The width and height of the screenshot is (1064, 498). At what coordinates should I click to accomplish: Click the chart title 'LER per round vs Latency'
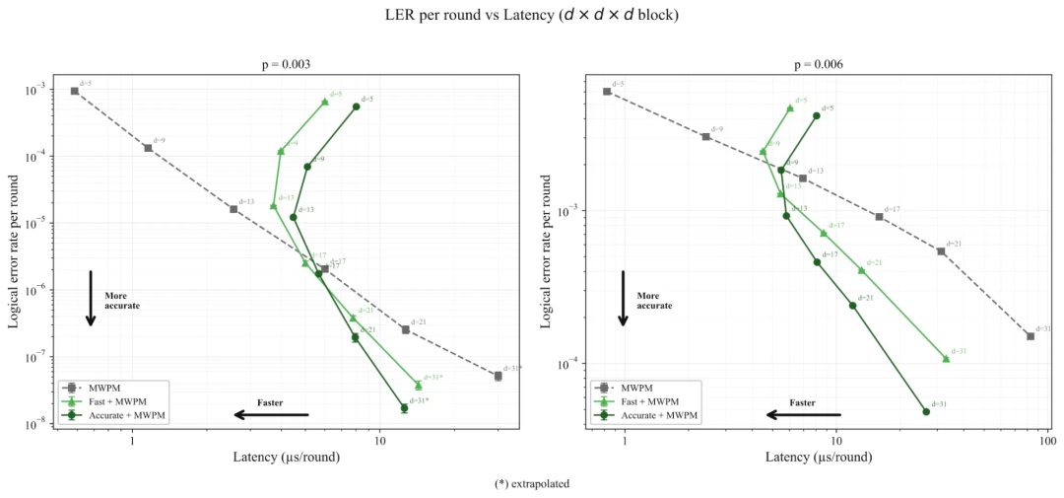[532, 15]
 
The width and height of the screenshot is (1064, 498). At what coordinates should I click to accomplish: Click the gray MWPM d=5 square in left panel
[75, 91]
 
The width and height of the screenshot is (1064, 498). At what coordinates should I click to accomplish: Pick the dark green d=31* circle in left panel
[404, 407]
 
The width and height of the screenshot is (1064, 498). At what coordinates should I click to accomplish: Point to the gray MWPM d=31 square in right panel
[1031, 336]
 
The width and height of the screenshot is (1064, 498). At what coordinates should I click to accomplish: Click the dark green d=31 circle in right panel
[926, 411]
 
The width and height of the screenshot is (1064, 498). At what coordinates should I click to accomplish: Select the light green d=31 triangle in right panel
[946, 358]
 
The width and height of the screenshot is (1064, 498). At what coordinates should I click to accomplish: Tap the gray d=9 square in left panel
[148, 148]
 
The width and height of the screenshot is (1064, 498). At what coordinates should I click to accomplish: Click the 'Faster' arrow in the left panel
[272, 414]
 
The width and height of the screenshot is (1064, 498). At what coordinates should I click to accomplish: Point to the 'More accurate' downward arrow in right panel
[623, 298]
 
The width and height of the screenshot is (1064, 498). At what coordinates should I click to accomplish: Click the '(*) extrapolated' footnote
[532, 484]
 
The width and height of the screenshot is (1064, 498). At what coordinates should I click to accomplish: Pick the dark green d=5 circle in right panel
[817, 115]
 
